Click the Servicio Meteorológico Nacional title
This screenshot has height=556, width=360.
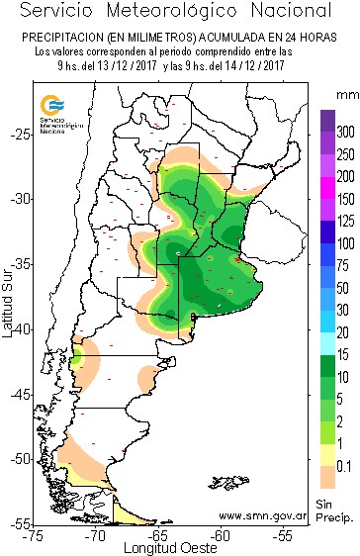tap(179, 12)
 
